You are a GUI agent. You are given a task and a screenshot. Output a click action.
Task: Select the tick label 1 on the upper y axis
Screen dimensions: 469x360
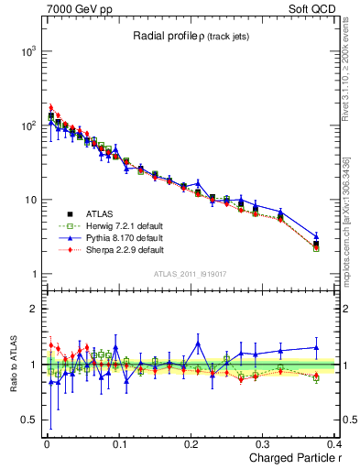[x=33, y=274]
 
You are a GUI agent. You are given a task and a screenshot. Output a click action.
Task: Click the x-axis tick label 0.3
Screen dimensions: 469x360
[x=265, y=442]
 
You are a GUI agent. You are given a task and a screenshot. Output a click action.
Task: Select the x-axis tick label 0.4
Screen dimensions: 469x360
[x=335, y=442]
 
